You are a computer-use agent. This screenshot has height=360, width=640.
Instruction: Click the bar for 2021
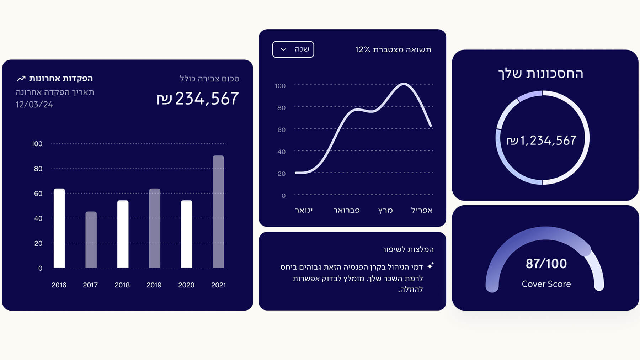(x=218, y=211)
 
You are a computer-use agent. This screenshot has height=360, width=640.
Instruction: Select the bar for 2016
(x=59, y=228)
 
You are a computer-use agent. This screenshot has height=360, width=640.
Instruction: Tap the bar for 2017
(x=91, y=239)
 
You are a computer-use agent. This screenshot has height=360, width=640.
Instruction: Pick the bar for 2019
(x=155, y=228)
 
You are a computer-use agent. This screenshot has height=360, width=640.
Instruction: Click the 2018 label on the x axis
(x=122, y=285)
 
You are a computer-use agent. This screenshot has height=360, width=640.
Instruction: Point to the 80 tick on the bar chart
(x=38, y=169)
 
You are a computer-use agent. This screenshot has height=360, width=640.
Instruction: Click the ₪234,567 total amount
(x=198, y=99)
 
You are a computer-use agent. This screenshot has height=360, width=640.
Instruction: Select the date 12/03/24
(x=34, y=105)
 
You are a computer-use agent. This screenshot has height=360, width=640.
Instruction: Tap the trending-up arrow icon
(x=21, y=78)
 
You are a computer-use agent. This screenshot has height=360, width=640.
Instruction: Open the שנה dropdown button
(x=293, y=49)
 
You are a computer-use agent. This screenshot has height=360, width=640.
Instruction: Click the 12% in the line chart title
(x=363, y=49)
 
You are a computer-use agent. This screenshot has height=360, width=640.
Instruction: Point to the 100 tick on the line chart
(x=280, y=86)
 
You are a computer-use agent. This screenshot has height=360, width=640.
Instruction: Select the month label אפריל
(x=422, y=210)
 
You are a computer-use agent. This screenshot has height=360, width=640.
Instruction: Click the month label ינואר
(x=304, y=210)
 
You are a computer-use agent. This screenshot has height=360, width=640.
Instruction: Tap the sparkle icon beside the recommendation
(x=430, y=266)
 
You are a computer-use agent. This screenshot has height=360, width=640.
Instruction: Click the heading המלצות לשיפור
(x=408, y=249)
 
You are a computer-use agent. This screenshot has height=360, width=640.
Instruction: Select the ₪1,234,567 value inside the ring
(x=542, y=141)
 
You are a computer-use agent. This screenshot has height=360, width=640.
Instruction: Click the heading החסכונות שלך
(x=540, y=74)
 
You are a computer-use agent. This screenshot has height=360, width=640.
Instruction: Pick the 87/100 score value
(x=546, y=264)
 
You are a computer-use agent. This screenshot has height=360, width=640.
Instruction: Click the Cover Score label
(x=546, y=284)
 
